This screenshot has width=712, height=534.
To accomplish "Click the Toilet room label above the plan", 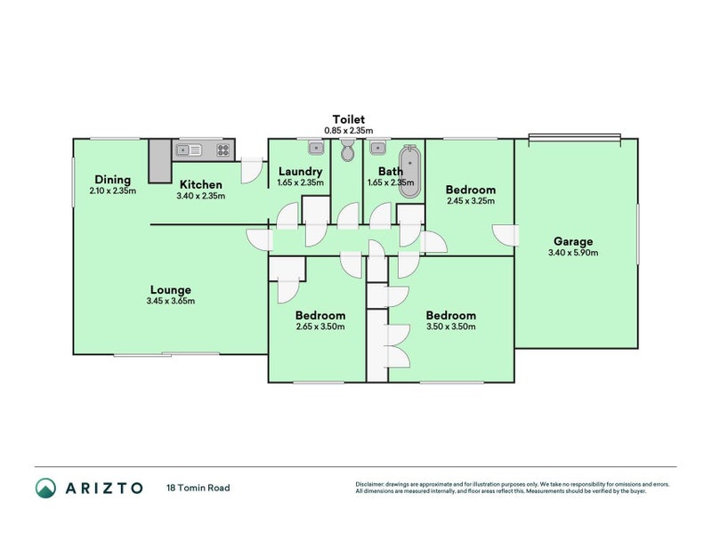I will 348,119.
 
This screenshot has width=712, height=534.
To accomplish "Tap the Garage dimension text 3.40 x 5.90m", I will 573,253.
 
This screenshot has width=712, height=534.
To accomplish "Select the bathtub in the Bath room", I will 409,171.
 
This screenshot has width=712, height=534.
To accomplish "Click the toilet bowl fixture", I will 347,153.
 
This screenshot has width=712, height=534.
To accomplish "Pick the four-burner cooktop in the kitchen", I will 222,150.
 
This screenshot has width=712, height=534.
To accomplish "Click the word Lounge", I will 170,289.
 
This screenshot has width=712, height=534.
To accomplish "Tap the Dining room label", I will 112,180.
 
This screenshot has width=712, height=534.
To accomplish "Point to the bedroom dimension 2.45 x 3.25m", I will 470,201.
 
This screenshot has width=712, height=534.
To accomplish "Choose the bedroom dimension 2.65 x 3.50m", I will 320,327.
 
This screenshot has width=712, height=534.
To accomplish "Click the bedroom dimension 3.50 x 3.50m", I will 450,327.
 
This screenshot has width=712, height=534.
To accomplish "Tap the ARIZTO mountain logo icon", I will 45,488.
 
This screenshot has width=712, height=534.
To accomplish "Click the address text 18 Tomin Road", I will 198,488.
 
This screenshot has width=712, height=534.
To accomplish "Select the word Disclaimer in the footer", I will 372,484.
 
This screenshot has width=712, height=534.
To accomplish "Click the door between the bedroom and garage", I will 506,234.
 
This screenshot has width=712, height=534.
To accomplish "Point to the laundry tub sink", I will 315,149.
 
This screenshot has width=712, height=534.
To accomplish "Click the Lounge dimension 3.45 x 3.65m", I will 170,301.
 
